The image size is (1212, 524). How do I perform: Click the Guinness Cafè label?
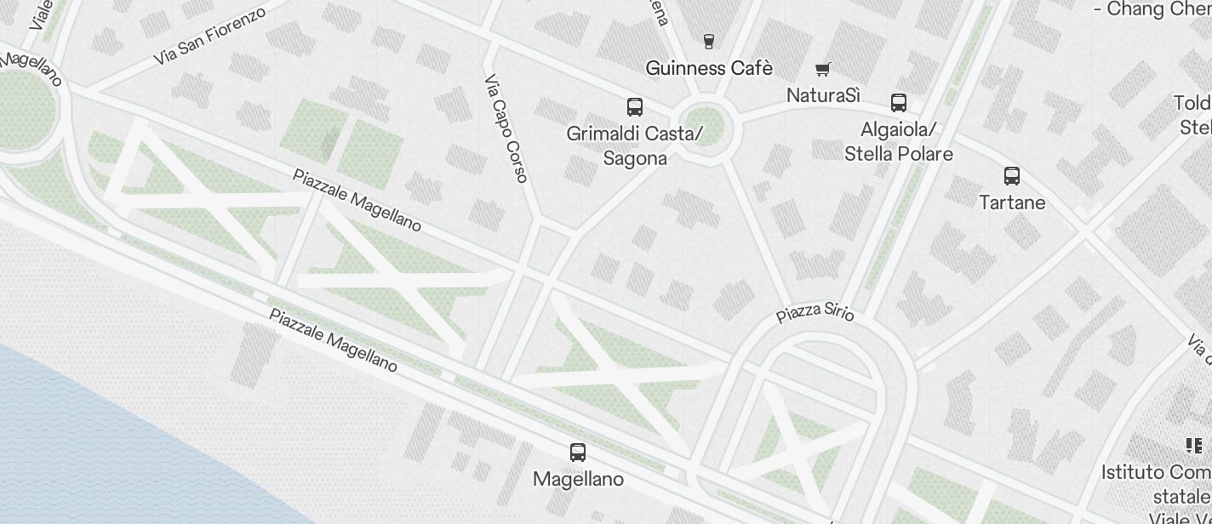709,68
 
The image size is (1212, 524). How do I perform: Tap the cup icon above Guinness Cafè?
708,40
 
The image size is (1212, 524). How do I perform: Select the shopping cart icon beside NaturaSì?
822,69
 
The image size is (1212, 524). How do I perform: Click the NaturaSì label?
823,95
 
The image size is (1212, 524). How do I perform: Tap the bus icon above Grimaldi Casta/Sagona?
635,106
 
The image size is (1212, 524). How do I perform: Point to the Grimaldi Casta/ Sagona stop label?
635,145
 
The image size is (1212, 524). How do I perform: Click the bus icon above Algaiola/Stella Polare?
898,103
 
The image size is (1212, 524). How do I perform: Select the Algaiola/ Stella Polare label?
899,141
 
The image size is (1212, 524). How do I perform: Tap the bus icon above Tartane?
1012,176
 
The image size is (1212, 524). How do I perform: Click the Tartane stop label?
1012,202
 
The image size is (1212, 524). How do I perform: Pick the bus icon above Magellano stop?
578,452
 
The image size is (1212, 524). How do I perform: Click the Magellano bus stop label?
578,479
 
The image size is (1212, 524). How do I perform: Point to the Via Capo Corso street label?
506,128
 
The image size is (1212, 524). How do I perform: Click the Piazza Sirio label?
815,312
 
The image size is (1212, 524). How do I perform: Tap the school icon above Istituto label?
1193,445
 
